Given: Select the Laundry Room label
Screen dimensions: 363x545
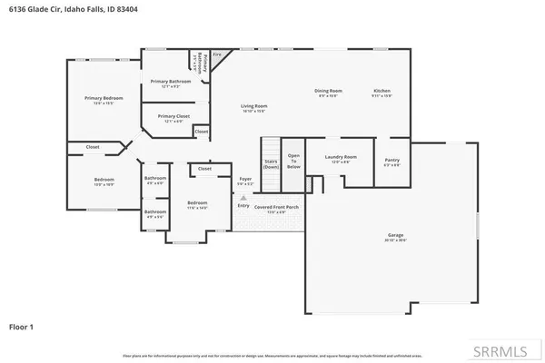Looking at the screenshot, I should coord(341,158).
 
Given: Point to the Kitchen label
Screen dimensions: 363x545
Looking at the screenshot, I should coord(381,92).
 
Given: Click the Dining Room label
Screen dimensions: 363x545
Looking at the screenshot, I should coord(328,92).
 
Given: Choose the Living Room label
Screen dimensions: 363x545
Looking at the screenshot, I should coord(253,107).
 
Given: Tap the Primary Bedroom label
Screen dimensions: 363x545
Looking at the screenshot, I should coord(103,98).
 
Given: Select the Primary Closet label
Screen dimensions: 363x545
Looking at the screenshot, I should coord(173,116).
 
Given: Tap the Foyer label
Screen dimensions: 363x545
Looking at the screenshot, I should coord(245,180).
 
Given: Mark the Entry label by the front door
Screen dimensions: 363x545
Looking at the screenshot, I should coord(243,205).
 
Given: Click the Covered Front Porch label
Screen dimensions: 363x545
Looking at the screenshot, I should coord(278,208).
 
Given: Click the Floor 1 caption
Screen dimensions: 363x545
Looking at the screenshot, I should coord(21,326).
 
